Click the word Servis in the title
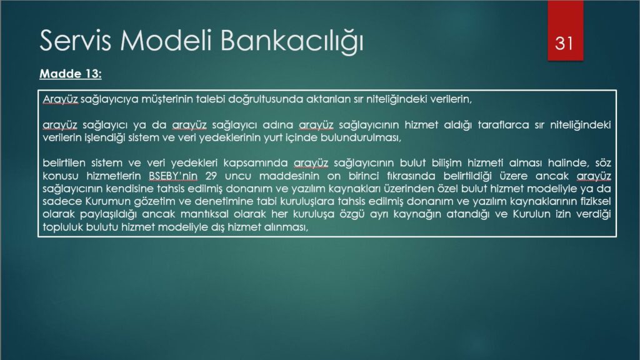tap(76, 41)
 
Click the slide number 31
tap(564, 43)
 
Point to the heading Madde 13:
tap(70, 74)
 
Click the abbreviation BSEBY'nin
tap(173, 176)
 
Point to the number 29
tap(211, 176)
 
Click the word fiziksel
tap(596, 201)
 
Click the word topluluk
tap(62, 227)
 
